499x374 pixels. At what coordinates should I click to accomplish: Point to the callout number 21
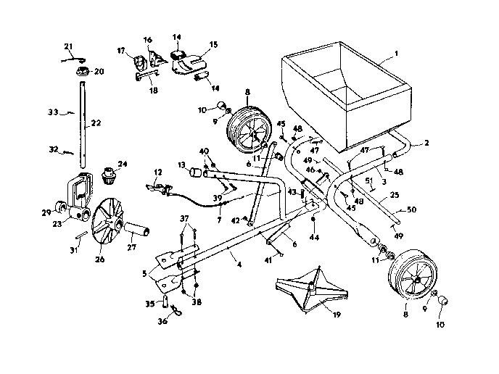(69, 47)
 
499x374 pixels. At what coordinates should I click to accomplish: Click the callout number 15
(213, 45)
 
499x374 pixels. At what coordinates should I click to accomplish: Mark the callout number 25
(394, 195)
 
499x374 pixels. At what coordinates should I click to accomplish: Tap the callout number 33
(51, 112)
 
